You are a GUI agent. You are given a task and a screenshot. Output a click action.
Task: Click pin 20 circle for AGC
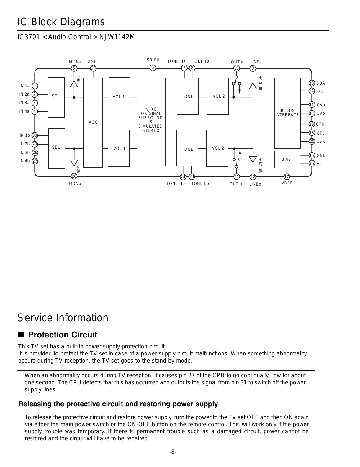(x=93, y=68)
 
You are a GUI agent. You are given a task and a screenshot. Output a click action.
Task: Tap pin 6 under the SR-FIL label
(x=153, y=68)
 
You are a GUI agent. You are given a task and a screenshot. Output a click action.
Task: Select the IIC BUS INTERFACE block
(x=287, y=113)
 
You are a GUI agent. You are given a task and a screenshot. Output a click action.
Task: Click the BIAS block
(x=287, y=159)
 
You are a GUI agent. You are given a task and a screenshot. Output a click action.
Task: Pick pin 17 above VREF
(x=287, y=177)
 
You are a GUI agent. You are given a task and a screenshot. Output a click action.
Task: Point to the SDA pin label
(x=320, y=83)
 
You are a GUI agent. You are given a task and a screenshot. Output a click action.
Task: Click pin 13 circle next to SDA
(x=312, y=83)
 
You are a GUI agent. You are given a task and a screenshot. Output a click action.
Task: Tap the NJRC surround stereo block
(x=151, y=122)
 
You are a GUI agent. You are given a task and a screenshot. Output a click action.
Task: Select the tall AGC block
(x=93, y=122)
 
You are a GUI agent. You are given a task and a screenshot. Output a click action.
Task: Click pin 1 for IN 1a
(x=35, y=86)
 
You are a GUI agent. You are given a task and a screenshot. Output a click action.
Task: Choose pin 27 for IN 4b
(x=35, y=161)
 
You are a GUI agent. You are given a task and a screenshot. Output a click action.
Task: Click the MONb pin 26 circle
(x=74, y=176)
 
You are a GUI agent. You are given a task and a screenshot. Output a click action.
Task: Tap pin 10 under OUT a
(x=236, y=68)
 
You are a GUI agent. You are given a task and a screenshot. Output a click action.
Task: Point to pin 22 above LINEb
(x=253, y=177)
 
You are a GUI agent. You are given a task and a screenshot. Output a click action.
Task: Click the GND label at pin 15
(x=321, y=155)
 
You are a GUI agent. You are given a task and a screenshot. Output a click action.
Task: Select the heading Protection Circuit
(x=63, y=335)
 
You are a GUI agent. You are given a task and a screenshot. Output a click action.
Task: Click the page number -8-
(x=173, y=452)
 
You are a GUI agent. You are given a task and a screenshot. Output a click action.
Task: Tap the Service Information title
(x=63, y=318)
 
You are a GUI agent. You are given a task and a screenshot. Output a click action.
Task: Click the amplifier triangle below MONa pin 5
(x=74, y=84)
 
